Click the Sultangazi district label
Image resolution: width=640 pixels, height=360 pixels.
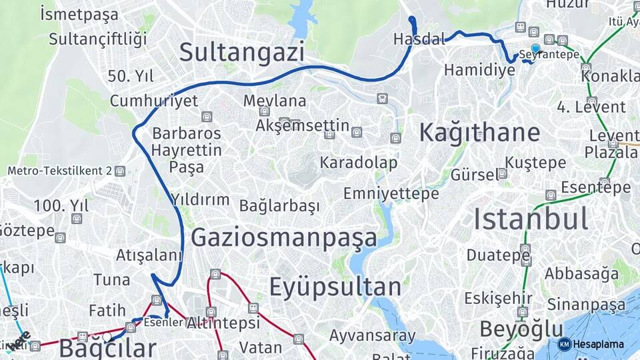241,51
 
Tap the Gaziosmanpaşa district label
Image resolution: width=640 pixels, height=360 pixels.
284,237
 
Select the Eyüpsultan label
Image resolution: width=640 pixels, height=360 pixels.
335,287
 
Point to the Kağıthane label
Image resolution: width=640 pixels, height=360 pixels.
479,133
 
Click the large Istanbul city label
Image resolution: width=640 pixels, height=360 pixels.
531,219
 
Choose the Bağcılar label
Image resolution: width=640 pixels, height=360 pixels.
107,348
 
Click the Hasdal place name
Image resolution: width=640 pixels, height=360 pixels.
419,39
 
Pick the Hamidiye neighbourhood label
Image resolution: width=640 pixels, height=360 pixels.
475,70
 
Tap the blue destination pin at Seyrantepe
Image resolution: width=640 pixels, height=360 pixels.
535,49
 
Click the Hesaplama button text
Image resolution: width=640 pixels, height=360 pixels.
598,344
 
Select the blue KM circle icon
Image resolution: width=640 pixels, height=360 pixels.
564,344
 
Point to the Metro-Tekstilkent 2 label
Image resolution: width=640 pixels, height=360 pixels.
60,171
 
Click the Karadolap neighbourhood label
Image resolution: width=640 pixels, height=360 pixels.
359,163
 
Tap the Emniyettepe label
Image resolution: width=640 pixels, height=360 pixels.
391,193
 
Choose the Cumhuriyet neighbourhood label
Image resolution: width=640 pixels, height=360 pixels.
154,101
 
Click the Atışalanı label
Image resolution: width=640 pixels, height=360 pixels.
149,255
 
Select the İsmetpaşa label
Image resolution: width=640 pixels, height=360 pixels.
79,13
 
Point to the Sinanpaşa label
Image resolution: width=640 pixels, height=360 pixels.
587,305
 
